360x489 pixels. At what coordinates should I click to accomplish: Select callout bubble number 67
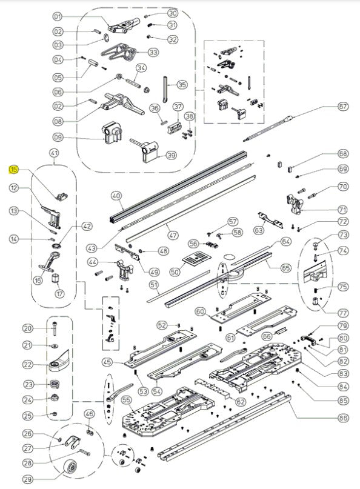point(344,106)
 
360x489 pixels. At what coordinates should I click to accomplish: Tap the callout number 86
point(344,417)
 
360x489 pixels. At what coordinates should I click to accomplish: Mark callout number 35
point(182,84)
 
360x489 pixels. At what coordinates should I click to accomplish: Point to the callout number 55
point(127,401)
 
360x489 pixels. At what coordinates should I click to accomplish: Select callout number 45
point(108,362)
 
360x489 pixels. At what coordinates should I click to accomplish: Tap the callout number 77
point(344,313)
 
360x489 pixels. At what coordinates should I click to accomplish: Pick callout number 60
point(201,311)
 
